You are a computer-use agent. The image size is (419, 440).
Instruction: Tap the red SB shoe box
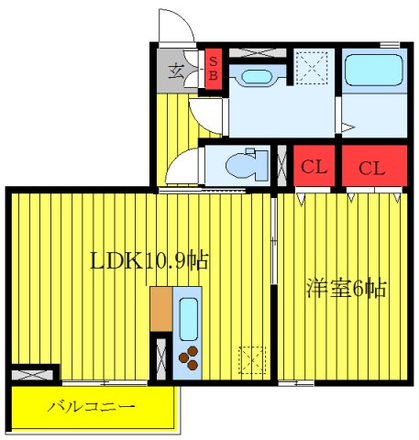213,69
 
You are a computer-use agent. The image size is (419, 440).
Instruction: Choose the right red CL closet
372,168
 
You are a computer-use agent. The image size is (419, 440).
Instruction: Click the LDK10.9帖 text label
149,260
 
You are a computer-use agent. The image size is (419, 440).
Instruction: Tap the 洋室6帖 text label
346,290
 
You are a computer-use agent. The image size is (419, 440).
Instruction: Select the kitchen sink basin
190,317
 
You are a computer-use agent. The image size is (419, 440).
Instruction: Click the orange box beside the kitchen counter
161,309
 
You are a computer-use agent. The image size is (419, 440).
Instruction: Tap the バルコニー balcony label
91,406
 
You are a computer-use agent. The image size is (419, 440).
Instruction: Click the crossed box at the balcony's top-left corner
34,375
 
